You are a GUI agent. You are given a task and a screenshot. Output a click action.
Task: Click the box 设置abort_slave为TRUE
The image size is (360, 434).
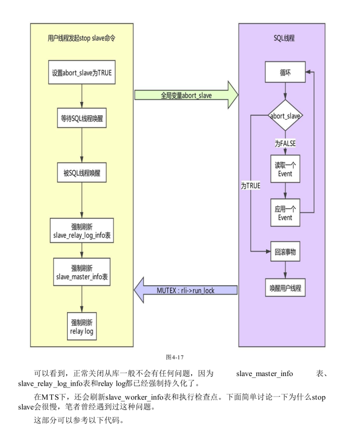coord(82,72)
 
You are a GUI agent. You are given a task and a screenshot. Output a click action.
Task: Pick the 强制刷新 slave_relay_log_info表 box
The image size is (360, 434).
coord(82,230)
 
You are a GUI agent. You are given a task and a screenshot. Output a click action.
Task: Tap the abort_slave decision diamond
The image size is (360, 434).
coord(284,116)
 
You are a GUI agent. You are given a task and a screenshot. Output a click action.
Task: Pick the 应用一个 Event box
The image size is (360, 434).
coord(284,213)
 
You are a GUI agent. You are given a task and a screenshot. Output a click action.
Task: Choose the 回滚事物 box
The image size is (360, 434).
coord(284,252)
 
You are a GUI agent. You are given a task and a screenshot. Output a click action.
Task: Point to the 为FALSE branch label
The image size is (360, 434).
coord(285,143)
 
